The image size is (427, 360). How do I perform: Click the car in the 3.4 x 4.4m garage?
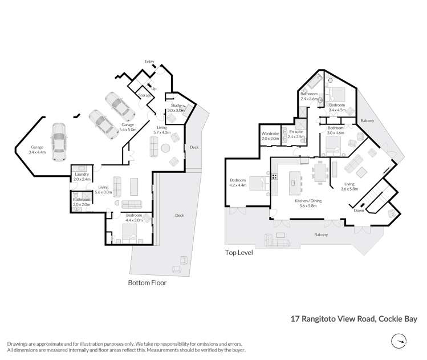tap(59, 141)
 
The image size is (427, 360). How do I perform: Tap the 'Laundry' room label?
tap(82, 174)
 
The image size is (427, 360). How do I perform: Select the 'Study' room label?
tap(176, 105)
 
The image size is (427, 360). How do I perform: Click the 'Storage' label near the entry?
tap(144, 95)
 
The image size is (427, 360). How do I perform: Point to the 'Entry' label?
tap(149, 62)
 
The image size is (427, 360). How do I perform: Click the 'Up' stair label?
tap(154, 88)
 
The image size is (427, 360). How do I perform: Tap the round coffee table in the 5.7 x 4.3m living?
tap(165, 148)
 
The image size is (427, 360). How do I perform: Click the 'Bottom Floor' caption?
tap(147, 283)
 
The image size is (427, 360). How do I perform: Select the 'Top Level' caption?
tap(239, 253)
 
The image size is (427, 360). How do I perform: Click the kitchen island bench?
tap(294, 183)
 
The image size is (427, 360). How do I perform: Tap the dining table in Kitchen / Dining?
tap(320, 172)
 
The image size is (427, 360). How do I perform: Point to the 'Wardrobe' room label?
tap(270, 134)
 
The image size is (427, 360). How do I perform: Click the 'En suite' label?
tap(296, 132)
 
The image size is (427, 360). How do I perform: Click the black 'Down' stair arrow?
tap(362, 205)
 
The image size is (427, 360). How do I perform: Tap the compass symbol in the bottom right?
tap(399, 341)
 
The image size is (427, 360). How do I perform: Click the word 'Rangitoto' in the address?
tap(318, 319)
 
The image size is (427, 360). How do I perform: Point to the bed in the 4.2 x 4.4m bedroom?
tap(260, 183)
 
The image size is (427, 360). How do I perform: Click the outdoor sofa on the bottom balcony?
tap(276, 241)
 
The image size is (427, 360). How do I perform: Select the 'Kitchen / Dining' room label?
tap(308, 201)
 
